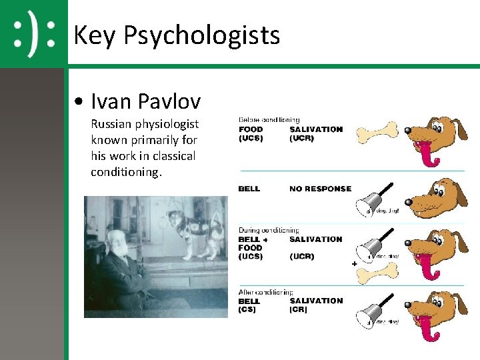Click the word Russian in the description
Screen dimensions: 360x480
click(111, 124)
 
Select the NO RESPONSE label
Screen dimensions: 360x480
click(320, 189)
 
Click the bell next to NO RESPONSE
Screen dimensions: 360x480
click(372, 199)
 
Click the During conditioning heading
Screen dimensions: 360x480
click(269, 230)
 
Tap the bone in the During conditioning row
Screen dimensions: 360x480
click(379, 270)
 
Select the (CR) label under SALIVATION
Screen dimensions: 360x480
click(298, 310)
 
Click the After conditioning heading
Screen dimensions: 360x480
click(266, 292)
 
